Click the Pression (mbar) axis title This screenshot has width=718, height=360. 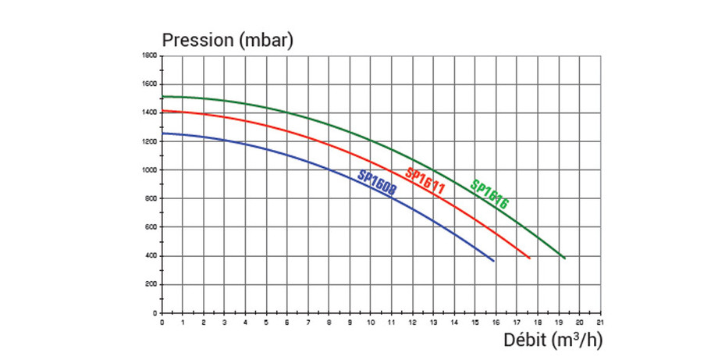(x=226, y=40)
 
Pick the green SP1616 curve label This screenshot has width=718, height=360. (x=490, y=194)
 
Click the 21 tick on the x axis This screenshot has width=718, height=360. (x=599, y=321)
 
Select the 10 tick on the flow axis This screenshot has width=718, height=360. (x=370, y=321)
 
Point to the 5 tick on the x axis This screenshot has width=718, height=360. (x=266, y=321)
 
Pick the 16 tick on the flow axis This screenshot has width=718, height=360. (x=495, y=321)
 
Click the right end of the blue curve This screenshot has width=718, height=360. (x=493, y=261)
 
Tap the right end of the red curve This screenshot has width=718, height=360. (x=530, y=258)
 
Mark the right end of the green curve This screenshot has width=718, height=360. (x=564, y=258)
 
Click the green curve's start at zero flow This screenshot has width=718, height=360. (x=162, y=97)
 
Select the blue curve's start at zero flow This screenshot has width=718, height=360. (x=162, y=134)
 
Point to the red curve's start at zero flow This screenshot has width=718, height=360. (x=162, y=111)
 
